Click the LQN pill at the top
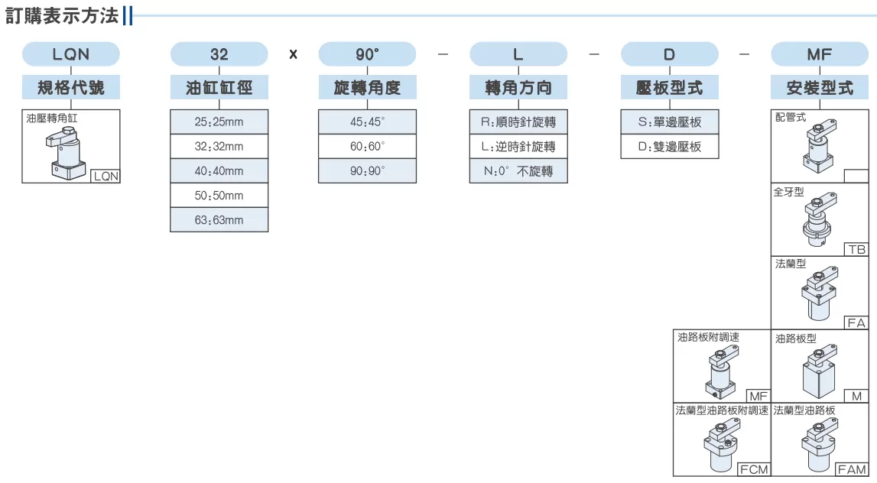[71, 54]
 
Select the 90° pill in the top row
[368, 54]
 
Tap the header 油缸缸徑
[219, 88]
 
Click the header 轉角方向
[518, 88]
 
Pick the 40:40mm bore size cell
[219, 171]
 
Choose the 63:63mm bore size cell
[219, 220]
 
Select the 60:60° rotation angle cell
[368, 147]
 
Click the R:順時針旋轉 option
[518, 122]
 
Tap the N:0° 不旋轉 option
[518, 171]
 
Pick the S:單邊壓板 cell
[670, 122]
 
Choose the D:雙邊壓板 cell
[670, 147]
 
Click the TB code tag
[856, 249]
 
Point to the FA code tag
[856, 323]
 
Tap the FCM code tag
[754, 469]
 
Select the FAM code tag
[852, 469]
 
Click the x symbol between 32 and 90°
[293, 55]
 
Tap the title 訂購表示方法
[61, 15]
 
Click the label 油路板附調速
[708, 337]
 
